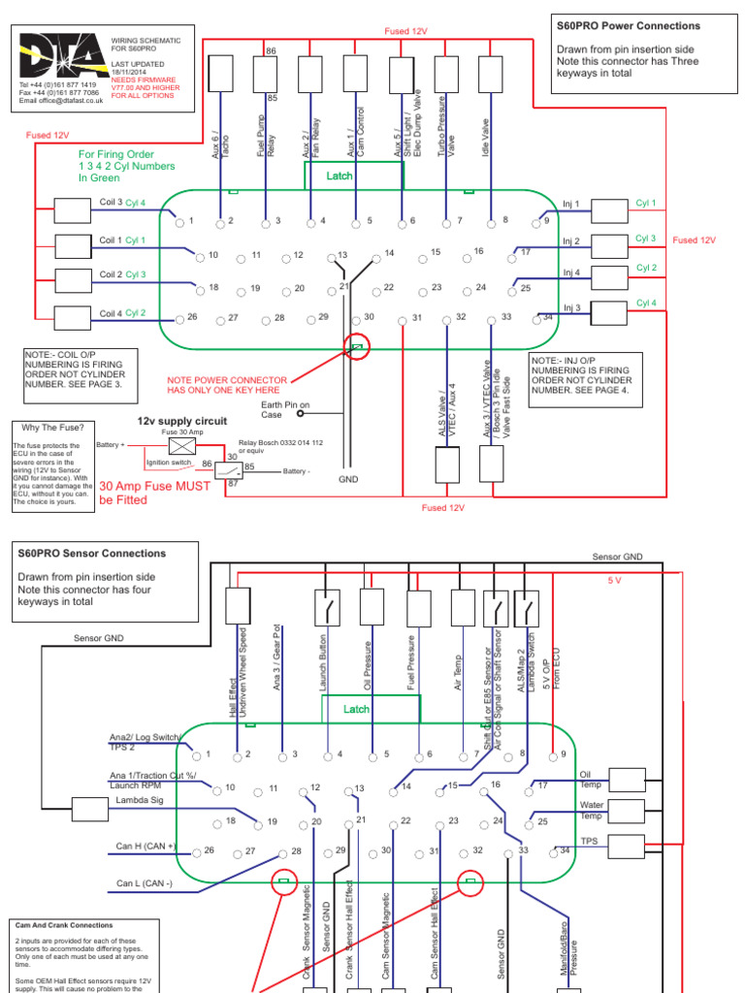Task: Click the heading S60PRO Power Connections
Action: point(641,25)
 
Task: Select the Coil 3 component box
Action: point(72,210)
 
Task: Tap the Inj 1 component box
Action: point(609,210)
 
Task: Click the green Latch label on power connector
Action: point(340,176)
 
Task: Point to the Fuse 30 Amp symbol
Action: point(182,446)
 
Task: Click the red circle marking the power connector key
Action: point(358,349)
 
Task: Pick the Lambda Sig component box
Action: point(89,809)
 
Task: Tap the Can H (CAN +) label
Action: point(146,847)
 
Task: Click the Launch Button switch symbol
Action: point(327,607)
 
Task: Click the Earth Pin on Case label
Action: point(285,409)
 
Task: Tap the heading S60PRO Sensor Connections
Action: point(91,554)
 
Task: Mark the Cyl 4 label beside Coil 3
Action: point(135,203)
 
